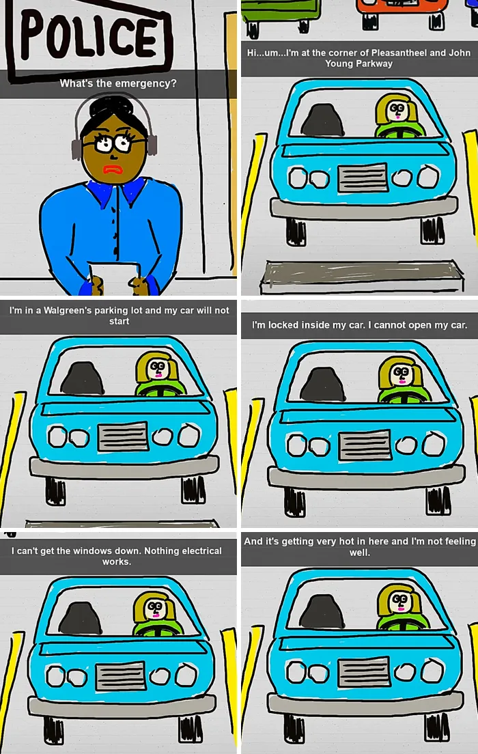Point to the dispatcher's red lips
[114, 170]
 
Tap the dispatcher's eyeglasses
[113, 143]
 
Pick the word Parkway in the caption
[375, 64]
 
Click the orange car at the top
[402, 12]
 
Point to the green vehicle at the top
[281, 14]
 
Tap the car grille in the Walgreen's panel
[123, 436]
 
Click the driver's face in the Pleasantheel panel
[397, 111]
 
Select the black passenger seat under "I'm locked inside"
[323, 385]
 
